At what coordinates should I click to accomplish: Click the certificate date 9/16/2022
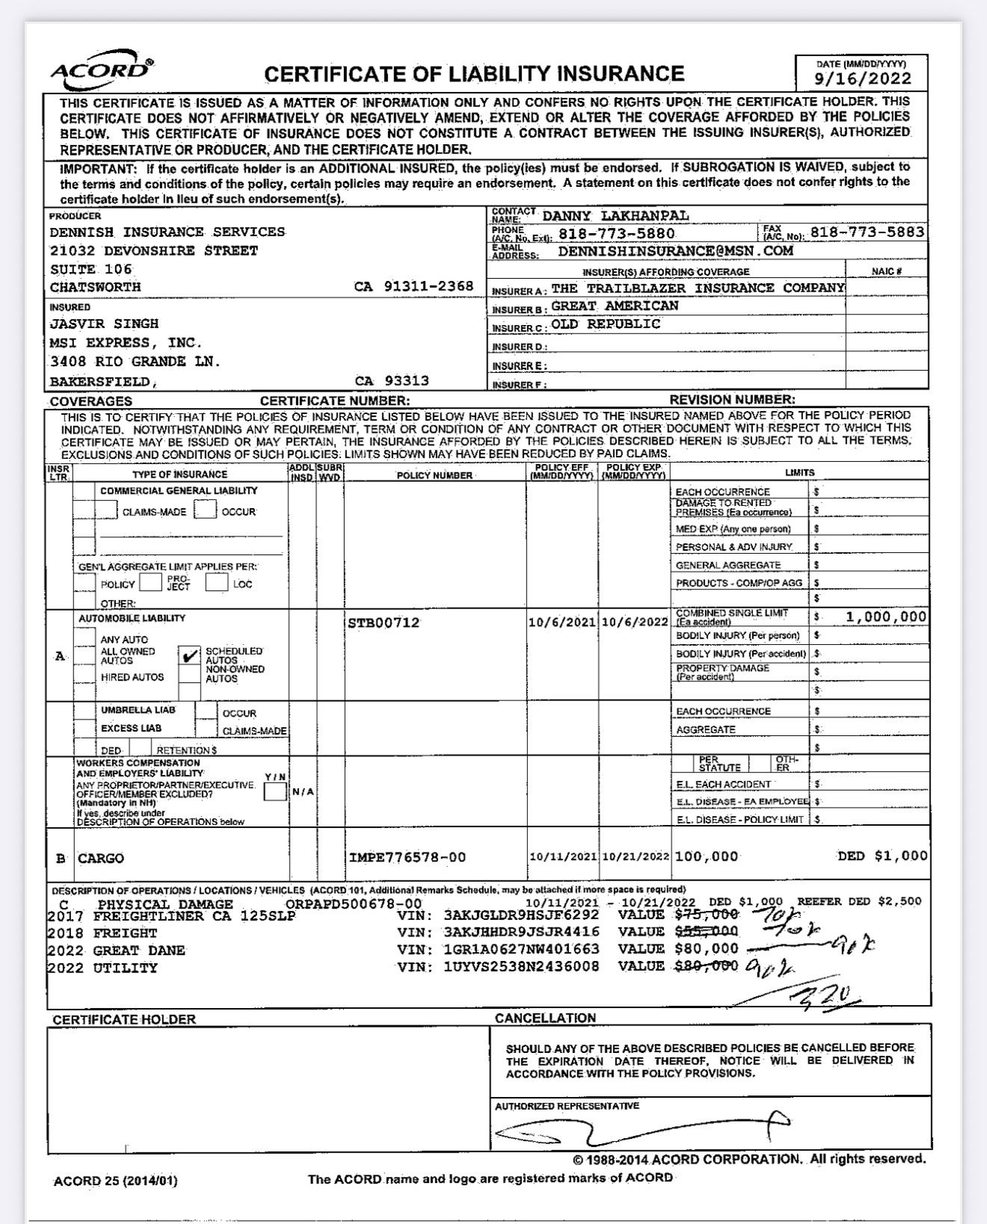[863, 78]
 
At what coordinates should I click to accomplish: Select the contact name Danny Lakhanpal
[615, 216]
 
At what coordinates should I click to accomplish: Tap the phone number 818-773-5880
[617, 233]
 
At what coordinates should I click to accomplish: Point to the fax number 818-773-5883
[867, 232]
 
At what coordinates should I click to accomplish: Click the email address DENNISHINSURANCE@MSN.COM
[675, 251]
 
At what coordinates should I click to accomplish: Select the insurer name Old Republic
[606, 324]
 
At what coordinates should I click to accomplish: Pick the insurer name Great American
[615, 306]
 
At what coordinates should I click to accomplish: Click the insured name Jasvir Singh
[104, 324]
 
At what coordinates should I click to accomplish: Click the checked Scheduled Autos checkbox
[190, 656]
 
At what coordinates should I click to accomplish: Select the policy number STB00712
[384, 623]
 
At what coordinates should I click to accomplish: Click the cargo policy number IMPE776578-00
[407, 857]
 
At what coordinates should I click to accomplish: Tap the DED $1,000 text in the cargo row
[882, 856]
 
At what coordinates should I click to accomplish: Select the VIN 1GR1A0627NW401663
[521, 949]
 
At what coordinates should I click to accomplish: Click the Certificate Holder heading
[124, 1019]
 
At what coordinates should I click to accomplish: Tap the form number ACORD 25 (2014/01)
[116, 1181]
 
